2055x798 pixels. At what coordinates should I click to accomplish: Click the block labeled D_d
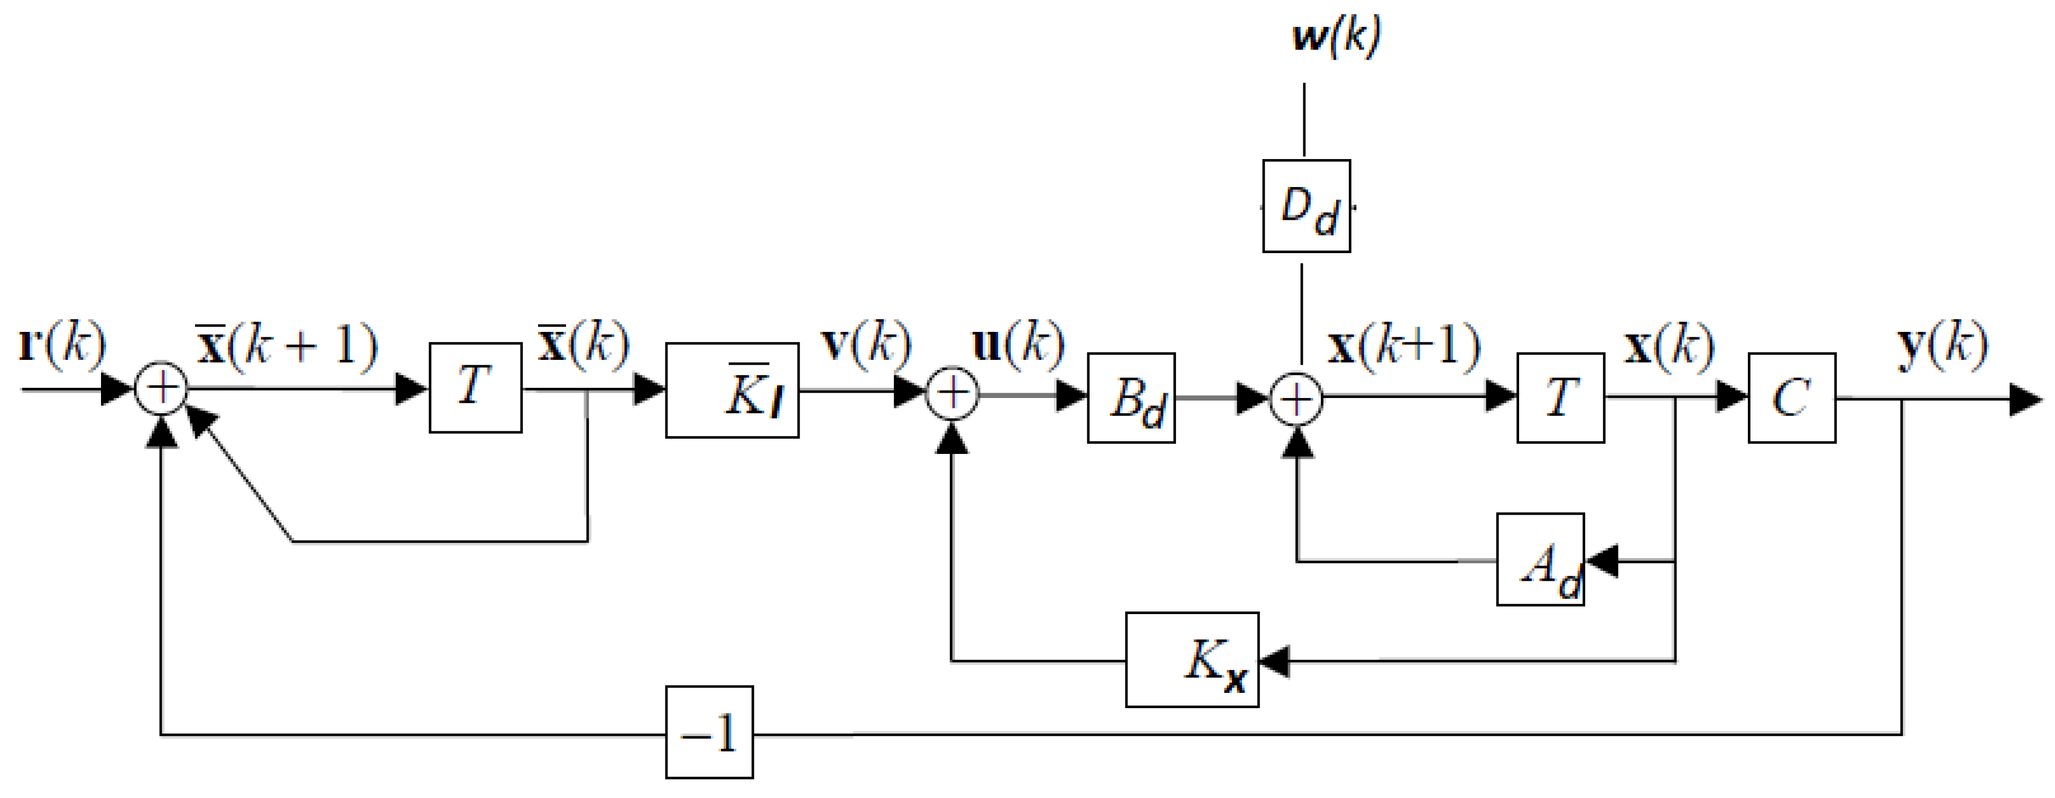click(x=1306, y=207)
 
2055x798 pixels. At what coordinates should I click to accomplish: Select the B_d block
click(x=1131, y=397)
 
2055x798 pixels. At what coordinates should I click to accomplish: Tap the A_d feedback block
click(x=1540, y=560)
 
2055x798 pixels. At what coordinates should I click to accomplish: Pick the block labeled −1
click(x=709, y=732)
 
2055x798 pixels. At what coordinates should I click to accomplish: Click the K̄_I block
click(x=732, y=390)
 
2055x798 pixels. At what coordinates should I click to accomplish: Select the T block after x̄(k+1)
click(x=476, y=388)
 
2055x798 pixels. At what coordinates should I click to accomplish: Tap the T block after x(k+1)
click(x=1560, y=397)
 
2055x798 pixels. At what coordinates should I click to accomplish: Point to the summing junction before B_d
click(x=952, y=393)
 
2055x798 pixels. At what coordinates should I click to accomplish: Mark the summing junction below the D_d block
click(x=1297, y=398)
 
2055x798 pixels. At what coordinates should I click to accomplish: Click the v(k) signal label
click(x=866, y=343)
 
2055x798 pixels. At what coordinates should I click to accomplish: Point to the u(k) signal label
click(x=1018, y=343)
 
